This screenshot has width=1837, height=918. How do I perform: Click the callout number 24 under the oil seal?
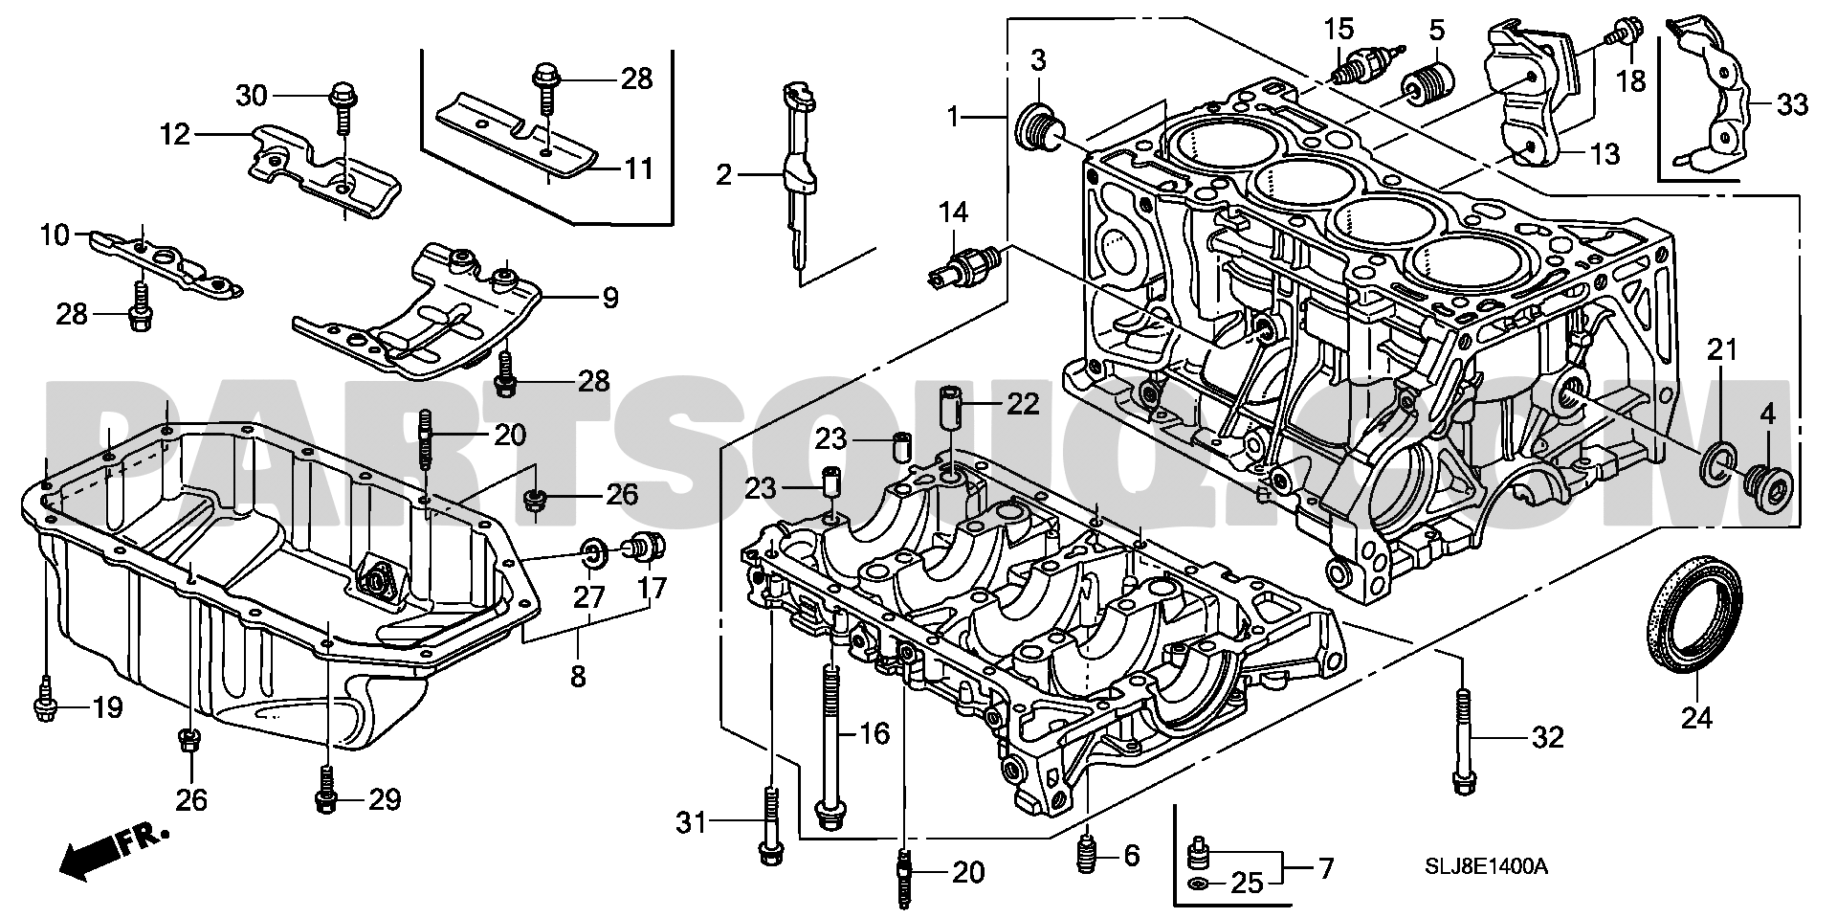(1696, 716)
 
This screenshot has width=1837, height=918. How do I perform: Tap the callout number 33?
(1793, 103)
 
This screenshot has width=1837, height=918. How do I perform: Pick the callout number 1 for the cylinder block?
(953, 118)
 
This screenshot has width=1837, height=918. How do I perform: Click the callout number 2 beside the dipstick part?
(724, 174)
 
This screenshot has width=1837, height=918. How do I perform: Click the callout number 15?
(1339, 29)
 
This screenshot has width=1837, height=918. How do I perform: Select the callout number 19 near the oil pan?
(107, 708)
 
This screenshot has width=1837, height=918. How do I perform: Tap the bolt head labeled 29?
(325, 802)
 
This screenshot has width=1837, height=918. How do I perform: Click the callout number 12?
(175, 135)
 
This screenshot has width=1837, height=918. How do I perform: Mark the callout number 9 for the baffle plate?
(609, 298)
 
